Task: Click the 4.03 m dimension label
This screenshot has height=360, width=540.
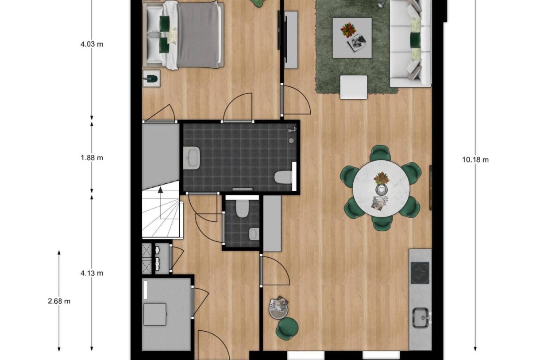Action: [92, 44]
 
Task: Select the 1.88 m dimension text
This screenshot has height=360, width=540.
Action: [92, 158]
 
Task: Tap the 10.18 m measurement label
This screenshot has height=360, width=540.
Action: [475, 160]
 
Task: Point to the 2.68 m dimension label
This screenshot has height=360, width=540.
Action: [59, 301]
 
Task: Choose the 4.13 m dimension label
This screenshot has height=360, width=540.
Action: [92, 273]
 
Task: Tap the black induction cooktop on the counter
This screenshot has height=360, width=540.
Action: [420, 273]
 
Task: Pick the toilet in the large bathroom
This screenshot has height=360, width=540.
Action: [284, 178]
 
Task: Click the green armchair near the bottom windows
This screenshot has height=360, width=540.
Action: [287, 329]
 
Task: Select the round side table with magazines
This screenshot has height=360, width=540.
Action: [278, 307]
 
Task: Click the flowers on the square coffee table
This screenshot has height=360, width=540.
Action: [348, 30]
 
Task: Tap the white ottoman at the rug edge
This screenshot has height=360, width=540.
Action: [353, 87]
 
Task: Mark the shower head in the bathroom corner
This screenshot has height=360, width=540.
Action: [291, 130]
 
